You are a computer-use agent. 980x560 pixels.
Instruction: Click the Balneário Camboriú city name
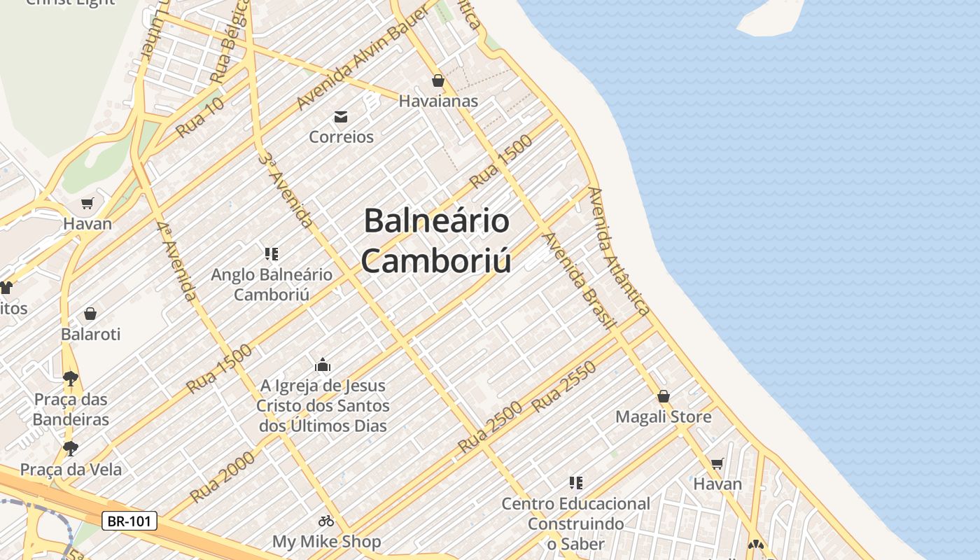(437, 241)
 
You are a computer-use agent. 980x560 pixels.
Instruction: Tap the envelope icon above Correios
(341, 117)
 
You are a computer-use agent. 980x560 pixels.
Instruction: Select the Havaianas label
(438, 101)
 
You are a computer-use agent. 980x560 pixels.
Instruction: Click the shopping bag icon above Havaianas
(438, 80)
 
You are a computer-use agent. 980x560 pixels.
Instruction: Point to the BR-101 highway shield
(129, 521)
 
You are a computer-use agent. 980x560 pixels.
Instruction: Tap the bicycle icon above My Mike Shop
(326, 521)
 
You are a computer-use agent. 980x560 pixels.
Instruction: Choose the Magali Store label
(663, 417)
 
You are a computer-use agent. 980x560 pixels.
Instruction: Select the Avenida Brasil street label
(580, 280)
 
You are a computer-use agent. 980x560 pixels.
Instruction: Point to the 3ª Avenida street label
(286, 189)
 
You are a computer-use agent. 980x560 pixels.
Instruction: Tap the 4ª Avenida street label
(177, 261)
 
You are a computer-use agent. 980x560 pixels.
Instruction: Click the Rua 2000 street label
(222, 477)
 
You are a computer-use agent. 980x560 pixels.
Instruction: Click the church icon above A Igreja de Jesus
(323, 365)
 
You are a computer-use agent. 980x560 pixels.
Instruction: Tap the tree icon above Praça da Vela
(70, 448)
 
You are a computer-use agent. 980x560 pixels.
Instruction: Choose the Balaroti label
(91, 334)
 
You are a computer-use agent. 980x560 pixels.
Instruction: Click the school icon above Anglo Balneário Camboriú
(272, 254)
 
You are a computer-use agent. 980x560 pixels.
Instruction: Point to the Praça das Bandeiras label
(71, 409)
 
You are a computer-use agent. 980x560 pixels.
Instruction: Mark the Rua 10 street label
(199, 117)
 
